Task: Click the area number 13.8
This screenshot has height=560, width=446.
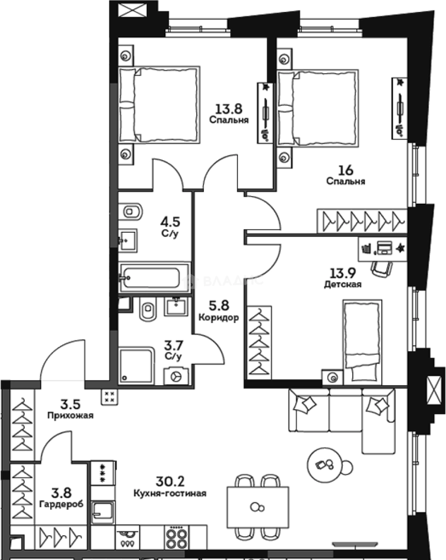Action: click(x=229, y=109)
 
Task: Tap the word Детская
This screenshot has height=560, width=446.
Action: click(x=342, y=284)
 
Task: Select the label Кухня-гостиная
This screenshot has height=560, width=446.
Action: click(x=170, y=494)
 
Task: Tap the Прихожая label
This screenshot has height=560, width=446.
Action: click(x=70, y=415)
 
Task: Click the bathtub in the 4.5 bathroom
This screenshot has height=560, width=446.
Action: click(x=154, y=277)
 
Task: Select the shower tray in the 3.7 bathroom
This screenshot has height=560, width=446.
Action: click(x=137, y=366)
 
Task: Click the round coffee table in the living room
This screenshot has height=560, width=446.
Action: click(x=326, y=464)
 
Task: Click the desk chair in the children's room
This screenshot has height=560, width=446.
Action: click(x=381, y=267)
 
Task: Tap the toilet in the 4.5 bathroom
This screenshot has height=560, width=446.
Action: click(x=134, y=212)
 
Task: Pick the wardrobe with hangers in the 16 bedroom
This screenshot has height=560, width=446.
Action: click(x=362, y=221)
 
